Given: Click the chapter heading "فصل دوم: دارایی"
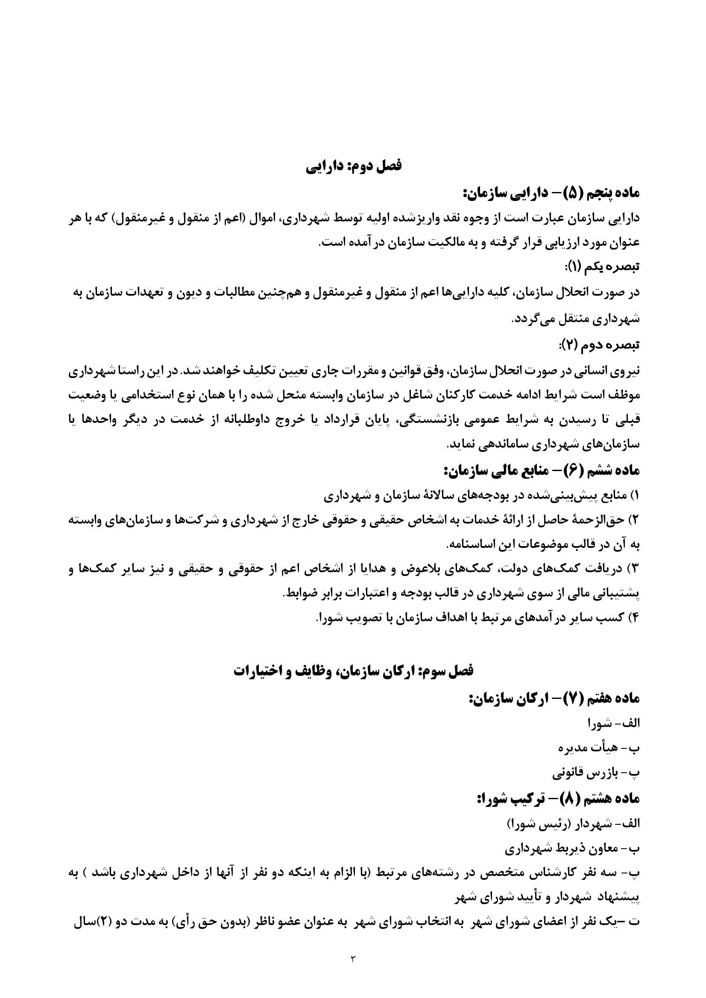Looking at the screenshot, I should (x=353, y=166).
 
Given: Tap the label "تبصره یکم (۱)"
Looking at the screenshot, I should (x=601, y=266).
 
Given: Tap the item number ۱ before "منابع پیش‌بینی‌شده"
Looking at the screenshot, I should (x=634, y=495).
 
